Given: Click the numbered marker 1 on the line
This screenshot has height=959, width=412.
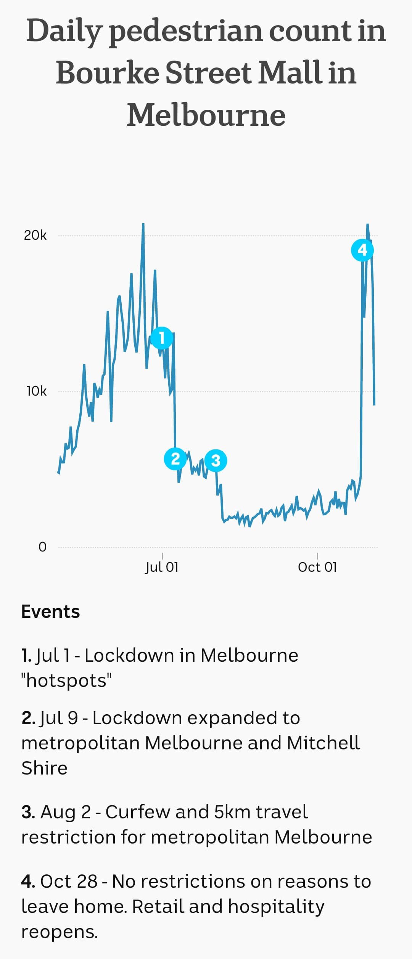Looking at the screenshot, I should point(162,338).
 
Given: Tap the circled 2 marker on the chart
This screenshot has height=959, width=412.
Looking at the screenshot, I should point(175,459).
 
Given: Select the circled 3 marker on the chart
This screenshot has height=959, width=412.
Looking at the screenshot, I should point(216,460).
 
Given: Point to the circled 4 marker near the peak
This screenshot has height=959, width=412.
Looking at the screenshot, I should point(362,250).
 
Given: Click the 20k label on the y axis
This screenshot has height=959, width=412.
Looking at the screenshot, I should point(35,236).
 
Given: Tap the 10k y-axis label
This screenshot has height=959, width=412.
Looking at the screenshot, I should point(37,391).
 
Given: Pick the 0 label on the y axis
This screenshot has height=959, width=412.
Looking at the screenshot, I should point(42,547).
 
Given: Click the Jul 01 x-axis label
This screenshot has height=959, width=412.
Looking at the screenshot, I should point(162,567).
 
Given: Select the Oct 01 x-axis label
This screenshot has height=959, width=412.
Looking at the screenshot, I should point(317,567).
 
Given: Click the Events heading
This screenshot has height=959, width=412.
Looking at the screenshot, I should point(50,612).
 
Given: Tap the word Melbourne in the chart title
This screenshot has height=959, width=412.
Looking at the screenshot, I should point(206,115).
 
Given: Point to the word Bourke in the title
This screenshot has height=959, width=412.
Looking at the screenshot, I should point(107,73).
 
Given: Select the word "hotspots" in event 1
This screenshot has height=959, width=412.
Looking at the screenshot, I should point(66,680).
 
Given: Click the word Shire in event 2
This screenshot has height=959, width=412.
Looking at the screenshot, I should point(44,768).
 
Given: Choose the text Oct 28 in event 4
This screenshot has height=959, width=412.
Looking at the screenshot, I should point(69,882).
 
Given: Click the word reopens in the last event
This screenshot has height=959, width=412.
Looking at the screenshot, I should point(59,932).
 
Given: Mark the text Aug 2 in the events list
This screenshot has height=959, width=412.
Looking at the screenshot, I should point(66,812).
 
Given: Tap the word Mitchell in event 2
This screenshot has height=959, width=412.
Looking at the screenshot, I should point(323,743).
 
